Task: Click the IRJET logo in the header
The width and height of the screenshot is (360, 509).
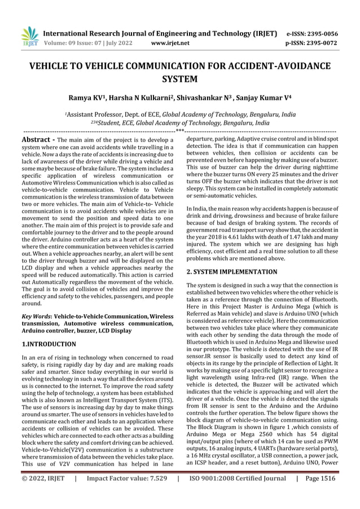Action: click(29, 36)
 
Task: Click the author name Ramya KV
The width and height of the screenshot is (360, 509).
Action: click(87, 98)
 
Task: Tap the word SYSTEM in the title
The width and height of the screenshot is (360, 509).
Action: click(179, 79)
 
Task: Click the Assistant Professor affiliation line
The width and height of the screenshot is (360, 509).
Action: click(179, 113)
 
